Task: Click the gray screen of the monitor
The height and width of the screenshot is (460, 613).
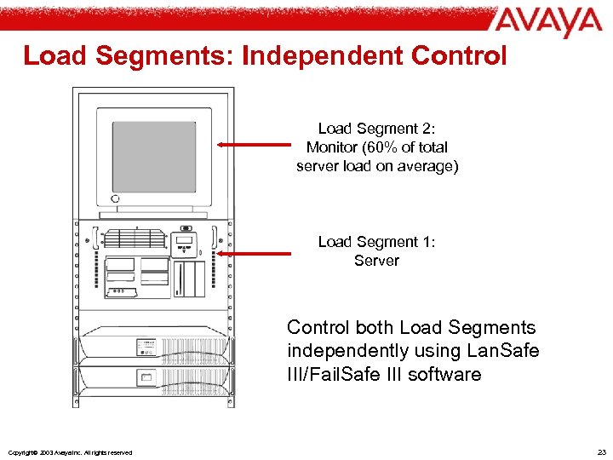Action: (154, 157)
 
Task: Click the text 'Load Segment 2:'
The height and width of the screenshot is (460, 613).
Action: (376, 129)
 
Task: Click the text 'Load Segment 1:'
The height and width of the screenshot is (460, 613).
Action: (376, 242)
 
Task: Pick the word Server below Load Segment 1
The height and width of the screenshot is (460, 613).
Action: (376, 261)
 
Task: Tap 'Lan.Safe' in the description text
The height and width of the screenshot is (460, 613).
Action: (506, 351)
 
